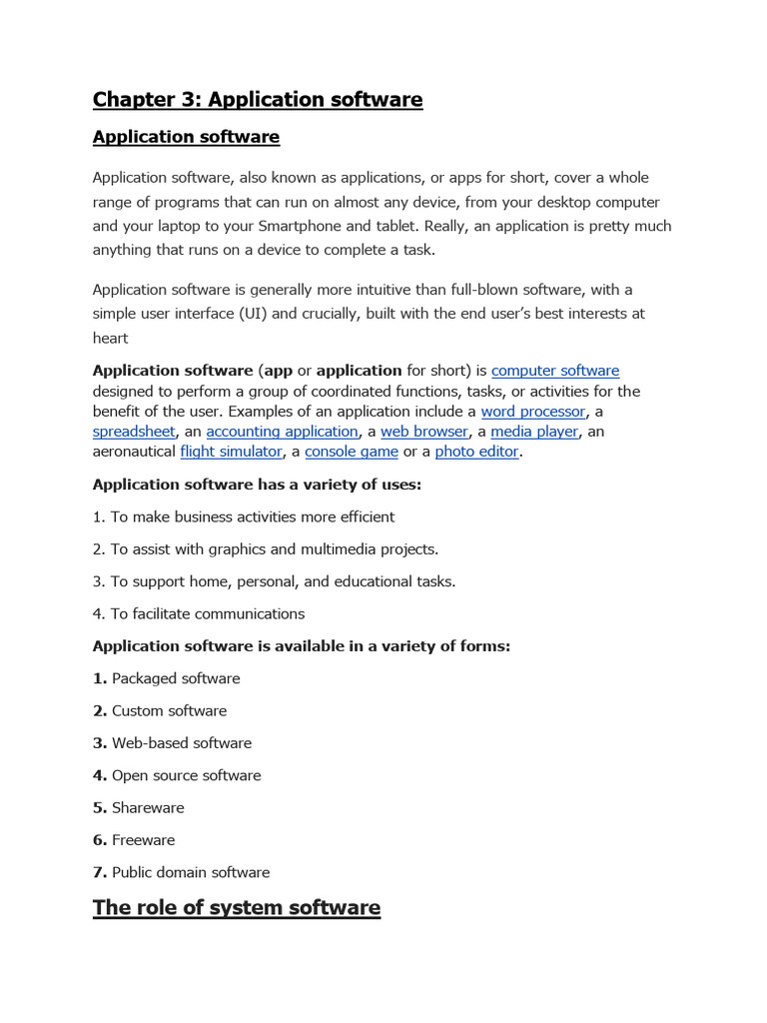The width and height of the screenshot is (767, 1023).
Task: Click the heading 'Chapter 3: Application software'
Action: coord(258,100)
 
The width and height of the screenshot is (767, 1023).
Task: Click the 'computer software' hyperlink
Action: coord(555,371)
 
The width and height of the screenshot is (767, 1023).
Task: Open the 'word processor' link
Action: coord(532,412)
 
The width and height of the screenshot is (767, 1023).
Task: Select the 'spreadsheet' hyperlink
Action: coord(134,432)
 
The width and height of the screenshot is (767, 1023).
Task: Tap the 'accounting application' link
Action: coord(282,432)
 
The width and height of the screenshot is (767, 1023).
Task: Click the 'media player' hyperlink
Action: coord(534,432)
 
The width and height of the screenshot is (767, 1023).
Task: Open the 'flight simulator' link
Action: coord(231,452)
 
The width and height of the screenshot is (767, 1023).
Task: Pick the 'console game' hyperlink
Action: coord(352,452)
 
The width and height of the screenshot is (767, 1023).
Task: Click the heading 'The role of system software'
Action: coord(237,908)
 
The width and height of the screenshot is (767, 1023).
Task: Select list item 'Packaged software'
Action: coord(176,678)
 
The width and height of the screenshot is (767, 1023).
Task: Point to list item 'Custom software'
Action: coord(169,711)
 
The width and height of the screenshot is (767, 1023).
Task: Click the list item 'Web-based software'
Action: coord(182,743)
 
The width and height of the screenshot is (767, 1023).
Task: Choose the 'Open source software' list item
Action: coord(186,775)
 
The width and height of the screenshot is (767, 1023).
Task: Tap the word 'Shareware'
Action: coord(148,808)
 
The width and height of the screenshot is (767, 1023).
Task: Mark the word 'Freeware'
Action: coord(143,840)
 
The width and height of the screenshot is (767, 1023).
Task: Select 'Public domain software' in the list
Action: coord(191,872)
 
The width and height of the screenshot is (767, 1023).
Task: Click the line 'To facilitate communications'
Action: coord(207,613)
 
